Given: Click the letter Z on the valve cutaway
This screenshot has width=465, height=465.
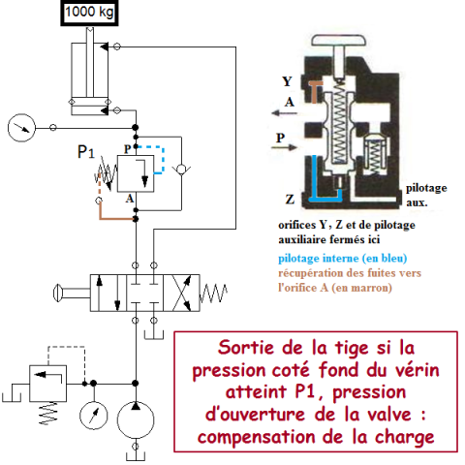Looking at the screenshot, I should (x=292, y=198).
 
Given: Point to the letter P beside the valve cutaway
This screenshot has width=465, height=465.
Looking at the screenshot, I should (x=281, y=138).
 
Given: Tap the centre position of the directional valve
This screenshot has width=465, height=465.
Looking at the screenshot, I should (x=144, y=290).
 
